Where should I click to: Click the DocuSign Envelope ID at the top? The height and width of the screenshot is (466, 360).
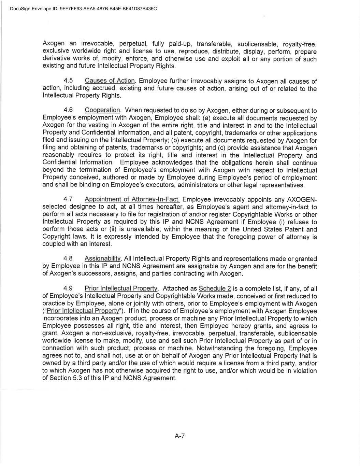point(84,9)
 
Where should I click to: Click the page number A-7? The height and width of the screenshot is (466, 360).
point(180,436)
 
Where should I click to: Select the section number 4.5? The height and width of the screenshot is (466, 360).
point(69,81)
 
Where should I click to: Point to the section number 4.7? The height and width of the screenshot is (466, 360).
point(69,199)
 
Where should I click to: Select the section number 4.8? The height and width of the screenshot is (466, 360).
point(69,258)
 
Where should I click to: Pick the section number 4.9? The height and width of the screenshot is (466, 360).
point(69,288)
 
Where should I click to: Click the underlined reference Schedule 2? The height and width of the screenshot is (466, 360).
point(215,288)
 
